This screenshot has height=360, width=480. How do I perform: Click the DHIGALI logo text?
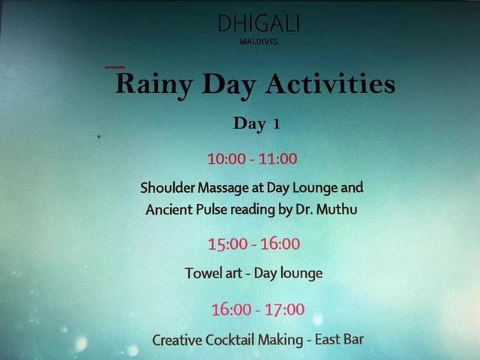pos(259,23)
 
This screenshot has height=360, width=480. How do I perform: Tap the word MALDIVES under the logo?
pos(259,42)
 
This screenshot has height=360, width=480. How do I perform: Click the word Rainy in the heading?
pos(154,85)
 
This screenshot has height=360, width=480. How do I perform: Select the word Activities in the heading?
pos(331,83)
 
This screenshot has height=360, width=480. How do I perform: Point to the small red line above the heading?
pos(115,67)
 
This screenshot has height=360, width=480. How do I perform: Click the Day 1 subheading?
pos(256,124)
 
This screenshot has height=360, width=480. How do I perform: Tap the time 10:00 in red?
pos(226,159)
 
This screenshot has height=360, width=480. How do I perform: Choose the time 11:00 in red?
pos(278,159)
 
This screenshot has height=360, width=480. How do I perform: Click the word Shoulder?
pos(167,187)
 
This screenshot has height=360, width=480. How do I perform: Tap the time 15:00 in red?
pos(228,244)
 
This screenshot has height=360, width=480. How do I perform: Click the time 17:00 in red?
pos(285,309)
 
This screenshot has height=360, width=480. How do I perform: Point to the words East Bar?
pos(339,340)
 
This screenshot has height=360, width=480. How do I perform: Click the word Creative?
pos(177,340)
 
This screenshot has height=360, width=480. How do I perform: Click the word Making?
pos(280,340)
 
